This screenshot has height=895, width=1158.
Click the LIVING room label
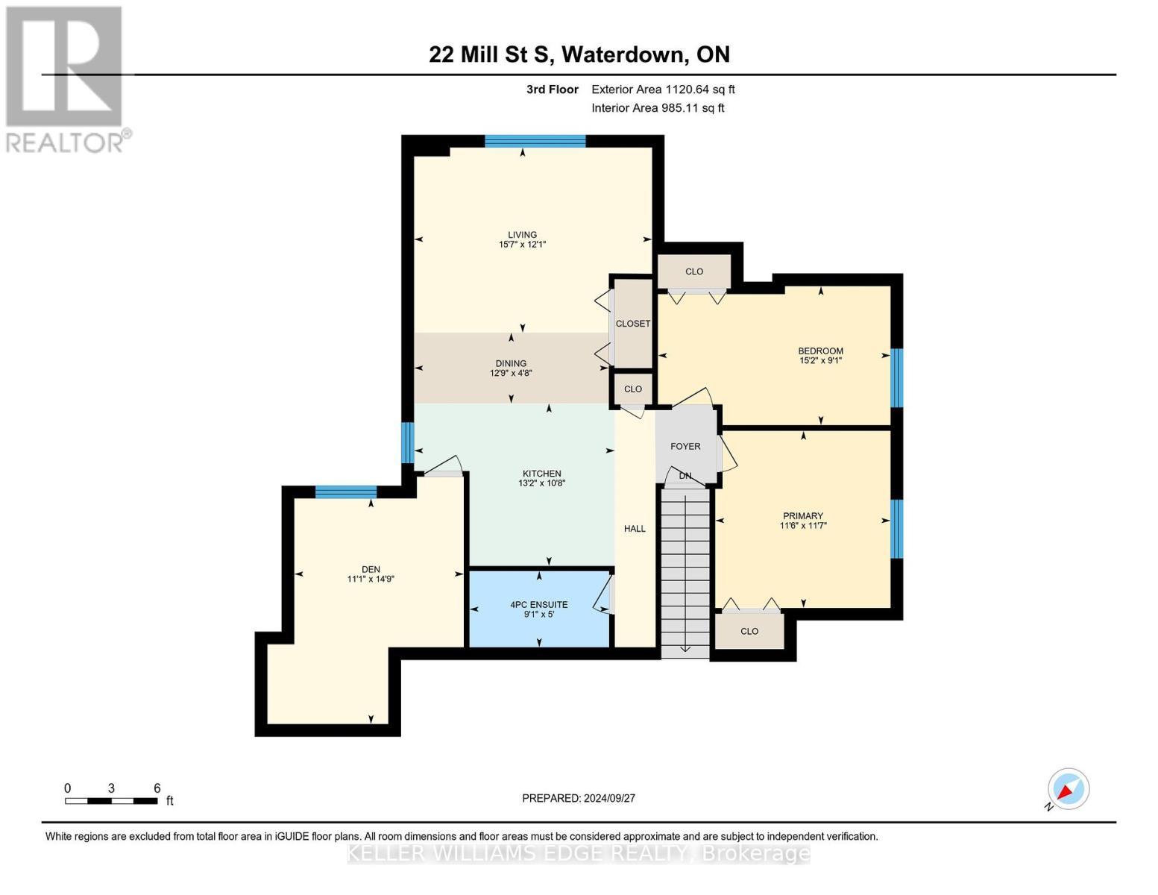click(522, 235)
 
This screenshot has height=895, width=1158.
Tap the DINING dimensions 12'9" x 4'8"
click(511, 374)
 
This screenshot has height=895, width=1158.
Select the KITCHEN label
click(541, 474)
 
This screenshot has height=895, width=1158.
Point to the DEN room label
click(371, 569)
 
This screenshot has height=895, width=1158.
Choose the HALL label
click(635, 529)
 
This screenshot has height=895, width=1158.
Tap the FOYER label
click(685, 446)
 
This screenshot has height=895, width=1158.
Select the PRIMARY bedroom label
click(803, 515)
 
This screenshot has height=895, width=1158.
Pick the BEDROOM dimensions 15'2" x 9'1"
click(820, 360)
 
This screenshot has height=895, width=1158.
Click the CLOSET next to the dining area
click(632, 324)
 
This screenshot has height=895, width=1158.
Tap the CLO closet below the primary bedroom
click(749, 631)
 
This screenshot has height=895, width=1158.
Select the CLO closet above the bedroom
click(694, 271)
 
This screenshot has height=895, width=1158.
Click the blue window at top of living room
click(535, 141)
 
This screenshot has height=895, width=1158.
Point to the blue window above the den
click(345, 492)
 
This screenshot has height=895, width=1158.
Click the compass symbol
click(1068, 789)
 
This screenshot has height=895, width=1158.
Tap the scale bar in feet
click(111, 801)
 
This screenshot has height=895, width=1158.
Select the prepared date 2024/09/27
click(579, 798)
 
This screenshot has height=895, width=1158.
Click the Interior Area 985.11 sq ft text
click(658, 108)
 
